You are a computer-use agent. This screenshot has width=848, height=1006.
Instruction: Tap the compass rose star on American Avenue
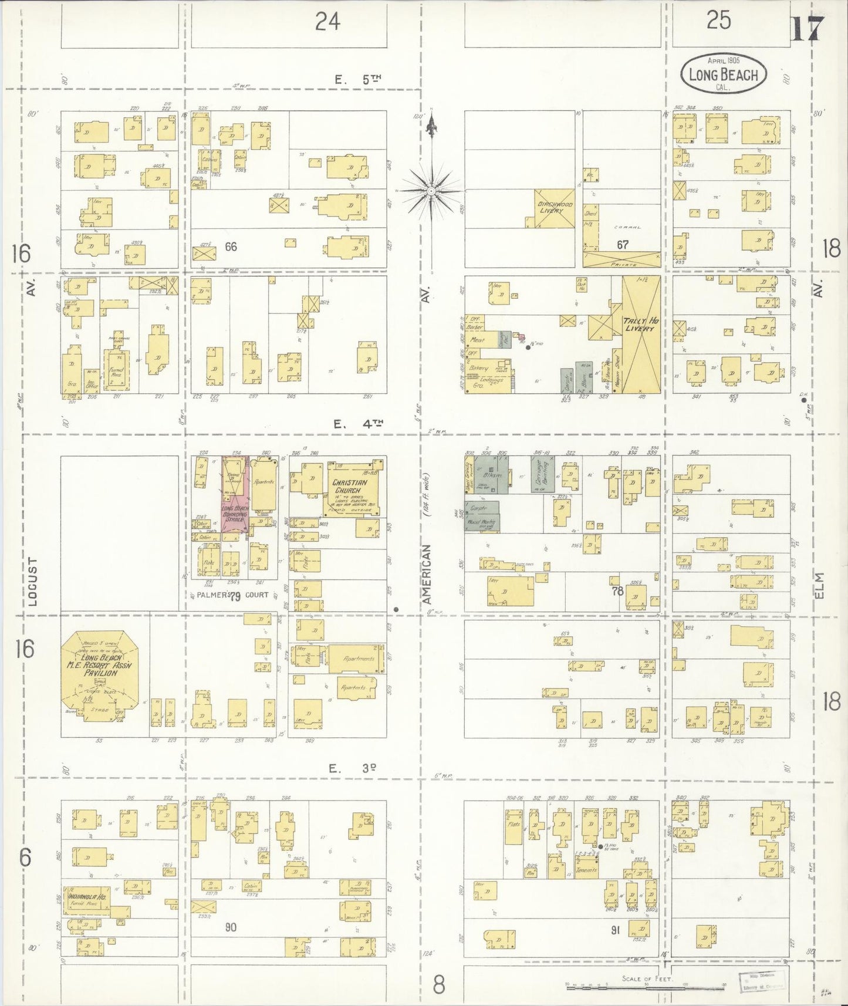tap(431, 191)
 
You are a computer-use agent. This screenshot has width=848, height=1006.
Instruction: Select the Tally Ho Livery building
tap(641, 335)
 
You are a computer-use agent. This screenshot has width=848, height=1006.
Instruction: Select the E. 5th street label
tap(354, 80)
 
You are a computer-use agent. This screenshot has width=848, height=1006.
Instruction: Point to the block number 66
tap(231, 247)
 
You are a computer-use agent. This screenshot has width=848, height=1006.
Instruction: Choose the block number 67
tap(622, 244)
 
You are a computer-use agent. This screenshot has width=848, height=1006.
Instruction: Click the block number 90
tap(231, 927)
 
